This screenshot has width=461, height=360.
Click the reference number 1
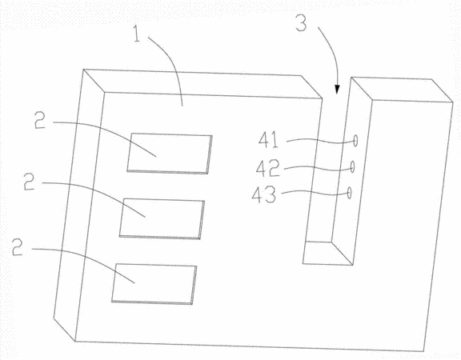click(137, 34)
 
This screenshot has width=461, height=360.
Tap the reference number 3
click(301, 23)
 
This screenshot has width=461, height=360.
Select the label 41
click(268, 140)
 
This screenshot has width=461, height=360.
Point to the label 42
click(268, 168)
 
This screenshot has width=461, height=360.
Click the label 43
click(264, 194)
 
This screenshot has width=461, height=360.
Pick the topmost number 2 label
click(40, 120)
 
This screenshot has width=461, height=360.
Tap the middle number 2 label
click(30, 182)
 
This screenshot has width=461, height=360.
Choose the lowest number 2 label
click(18, 246)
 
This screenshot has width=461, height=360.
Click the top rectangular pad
click(170, 154)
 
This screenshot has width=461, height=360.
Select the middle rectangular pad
click(162, 219)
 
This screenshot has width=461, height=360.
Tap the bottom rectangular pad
click(154, 284)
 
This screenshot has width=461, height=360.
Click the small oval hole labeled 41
click(355, 141)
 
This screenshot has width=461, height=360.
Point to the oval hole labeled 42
click(352, 167)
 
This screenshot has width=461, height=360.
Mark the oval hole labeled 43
click(349, 193)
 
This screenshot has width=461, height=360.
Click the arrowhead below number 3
click(337, 90)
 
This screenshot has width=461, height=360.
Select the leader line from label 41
click(320, 142)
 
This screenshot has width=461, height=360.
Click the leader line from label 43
click(315, 193)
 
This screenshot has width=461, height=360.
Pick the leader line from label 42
click(318, 168)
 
